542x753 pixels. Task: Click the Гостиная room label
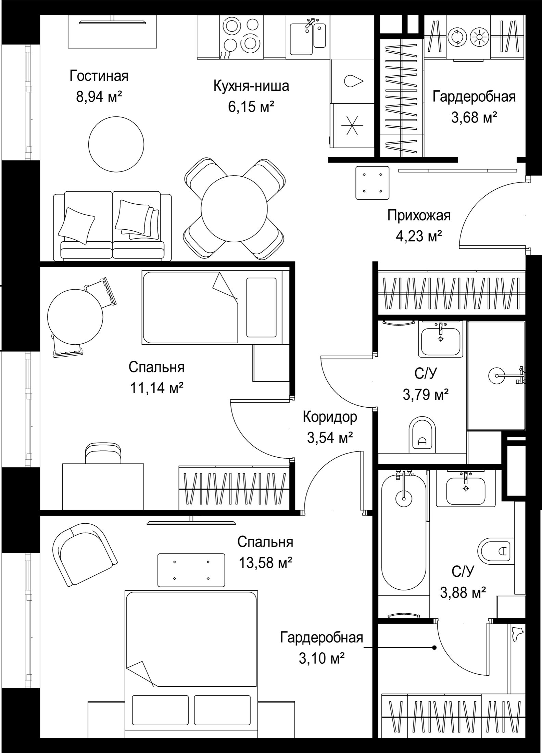point(99,76)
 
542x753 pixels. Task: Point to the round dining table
point(234,208)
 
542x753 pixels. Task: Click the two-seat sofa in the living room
point(113,226)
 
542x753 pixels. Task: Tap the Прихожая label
point(419,216)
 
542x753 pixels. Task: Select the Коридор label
point(330,417)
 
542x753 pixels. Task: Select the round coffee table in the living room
point(116,143)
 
